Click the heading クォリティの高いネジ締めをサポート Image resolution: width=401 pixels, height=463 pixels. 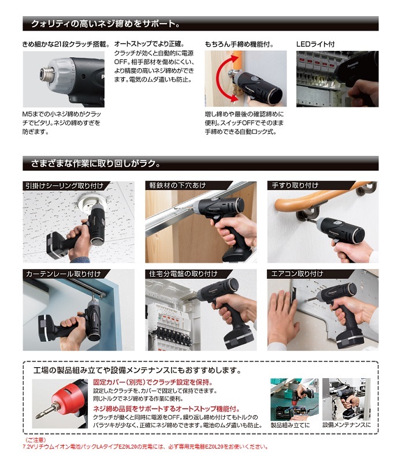click(x=106, y=24)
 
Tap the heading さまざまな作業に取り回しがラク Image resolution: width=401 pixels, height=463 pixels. click(x=95, y=163)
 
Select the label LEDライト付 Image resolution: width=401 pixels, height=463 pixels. click(x=315, y=44)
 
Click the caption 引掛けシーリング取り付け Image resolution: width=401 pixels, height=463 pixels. click(x=64, y=186)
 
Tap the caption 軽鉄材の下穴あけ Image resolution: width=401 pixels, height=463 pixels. click(x=177, y=185)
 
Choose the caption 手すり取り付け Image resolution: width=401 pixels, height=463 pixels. click(x=295, y=185)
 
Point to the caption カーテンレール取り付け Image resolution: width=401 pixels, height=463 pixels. click(x=63, y=274)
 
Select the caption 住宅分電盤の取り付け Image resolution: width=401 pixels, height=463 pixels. click(x=183, y=274)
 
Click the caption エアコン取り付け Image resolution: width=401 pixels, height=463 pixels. click(x=297, y=274)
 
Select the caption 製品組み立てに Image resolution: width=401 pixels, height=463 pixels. click(x=290, y=425)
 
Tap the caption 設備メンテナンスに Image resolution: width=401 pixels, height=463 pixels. click(x=346, y=425)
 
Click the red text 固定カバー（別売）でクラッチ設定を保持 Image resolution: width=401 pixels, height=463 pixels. click(x=153, y=382)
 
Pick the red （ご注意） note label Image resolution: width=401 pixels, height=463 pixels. click(x=35, y=440)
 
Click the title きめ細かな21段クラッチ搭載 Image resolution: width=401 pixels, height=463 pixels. click(x=66, y=44)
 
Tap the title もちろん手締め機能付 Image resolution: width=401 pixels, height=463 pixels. click(x=239, y=44)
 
